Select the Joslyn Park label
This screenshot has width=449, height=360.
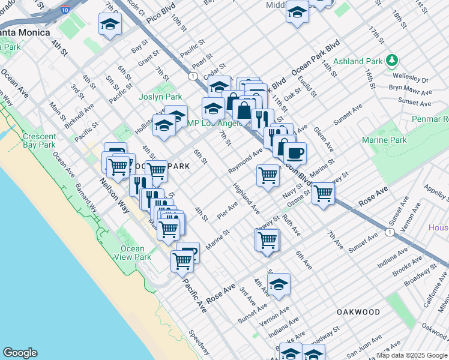[x=160, y=97]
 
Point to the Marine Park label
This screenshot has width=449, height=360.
[x=384, y=140]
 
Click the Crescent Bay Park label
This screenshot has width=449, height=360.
[x=39, y=140]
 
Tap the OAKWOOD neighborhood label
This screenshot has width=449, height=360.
[x=358, y=312]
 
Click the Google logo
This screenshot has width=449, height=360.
[x=20, y=353]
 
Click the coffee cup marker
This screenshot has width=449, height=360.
[x=295, y=153]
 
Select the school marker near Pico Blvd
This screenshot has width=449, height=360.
[x=110, y=24]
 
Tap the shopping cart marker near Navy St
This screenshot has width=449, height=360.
[x=323, y=193]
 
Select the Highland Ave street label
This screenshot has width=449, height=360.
[x=247, y=199]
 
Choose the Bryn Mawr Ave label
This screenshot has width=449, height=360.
[x=410, y=91]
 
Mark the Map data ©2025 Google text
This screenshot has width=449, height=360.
[x=412, y=355]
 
